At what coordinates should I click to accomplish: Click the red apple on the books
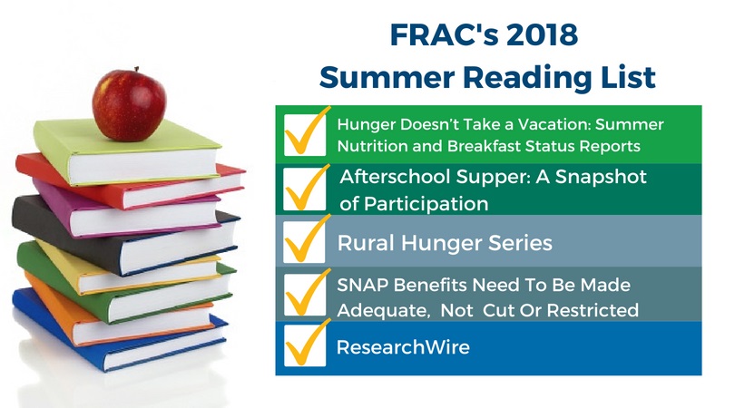click(x=129, y=104)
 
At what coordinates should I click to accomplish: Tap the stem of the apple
click(x=136, y=70)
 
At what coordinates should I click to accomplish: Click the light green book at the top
click(x=126, y=152)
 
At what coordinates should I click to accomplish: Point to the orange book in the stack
click(x=117, y=310)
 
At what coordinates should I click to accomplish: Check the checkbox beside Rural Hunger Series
click(x=305, y=242)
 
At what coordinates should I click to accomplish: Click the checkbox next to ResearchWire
click(x=305, y=345)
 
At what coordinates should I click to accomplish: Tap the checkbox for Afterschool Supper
click(x=305, y=189)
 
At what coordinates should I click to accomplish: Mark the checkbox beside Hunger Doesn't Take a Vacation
click(x=305, y=135)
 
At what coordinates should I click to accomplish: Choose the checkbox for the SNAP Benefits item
click(x=305, y=295)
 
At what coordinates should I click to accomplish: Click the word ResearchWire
click(x=403, y=347)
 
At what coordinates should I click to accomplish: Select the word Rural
click(x=366, y=243)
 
